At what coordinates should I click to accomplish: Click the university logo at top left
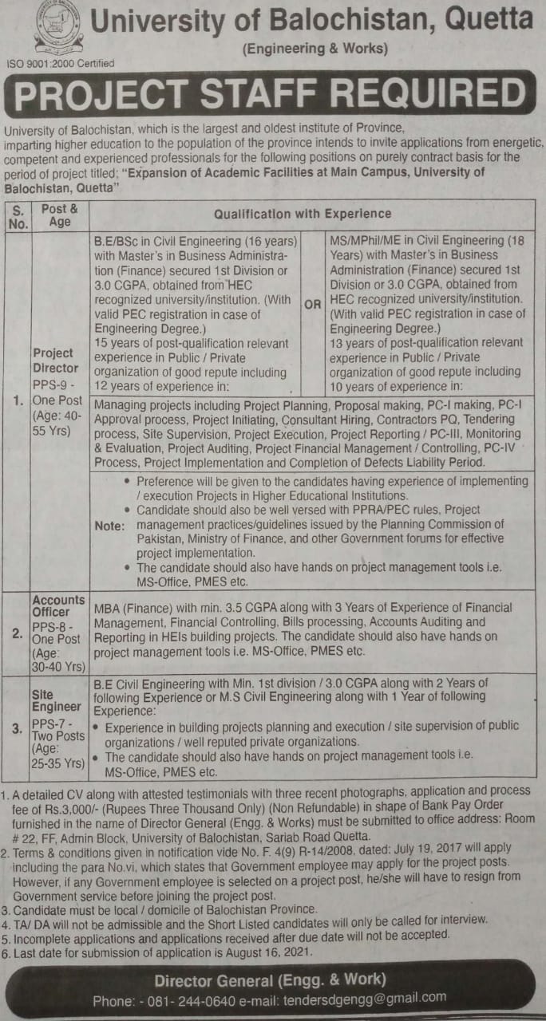click(58, 31)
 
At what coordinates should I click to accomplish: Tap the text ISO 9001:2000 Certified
click(60, 63)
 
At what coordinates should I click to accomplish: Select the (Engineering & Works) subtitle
click(315, 49)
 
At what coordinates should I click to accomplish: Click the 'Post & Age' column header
click(60, 215)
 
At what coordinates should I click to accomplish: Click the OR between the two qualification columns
click(312, 305)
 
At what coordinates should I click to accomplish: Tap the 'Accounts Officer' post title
click(58, 605)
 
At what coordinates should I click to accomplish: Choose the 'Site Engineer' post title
click(57, 700)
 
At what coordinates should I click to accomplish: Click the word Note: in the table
click(109, 526)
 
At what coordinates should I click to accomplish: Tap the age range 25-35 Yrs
click(58, 763)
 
